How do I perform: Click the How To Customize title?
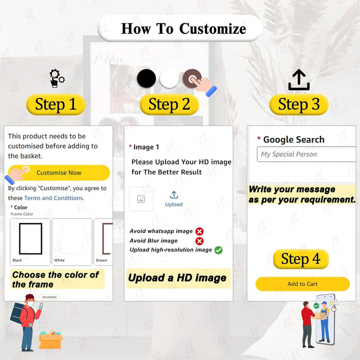click(x=184, y=29)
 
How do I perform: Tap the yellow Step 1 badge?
click(x=56, y=104)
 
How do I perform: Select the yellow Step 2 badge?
click(x=169, y=104)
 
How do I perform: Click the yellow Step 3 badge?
click(x=299, y=104)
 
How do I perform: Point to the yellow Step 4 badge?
click(x=301, y=259)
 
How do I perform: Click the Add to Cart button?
click(x=302, y=284)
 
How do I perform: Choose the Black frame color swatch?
click(x=30, y=242)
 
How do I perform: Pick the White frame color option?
click(x=72, y=242)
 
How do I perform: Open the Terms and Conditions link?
click(x=54, y=198)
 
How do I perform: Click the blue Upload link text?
click(x=174, y=204)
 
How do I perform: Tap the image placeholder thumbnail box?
click(x=141, y=199)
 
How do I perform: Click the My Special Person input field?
click(x=307, y=154)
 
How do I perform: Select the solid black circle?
click(x=146, y=79)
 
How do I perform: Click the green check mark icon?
click(x=219, y=250)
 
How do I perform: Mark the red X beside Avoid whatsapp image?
click(x=200, y=231)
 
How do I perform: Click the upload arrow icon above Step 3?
click(x=299, y=80)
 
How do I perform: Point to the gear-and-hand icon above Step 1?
click(x=57, y=79)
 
